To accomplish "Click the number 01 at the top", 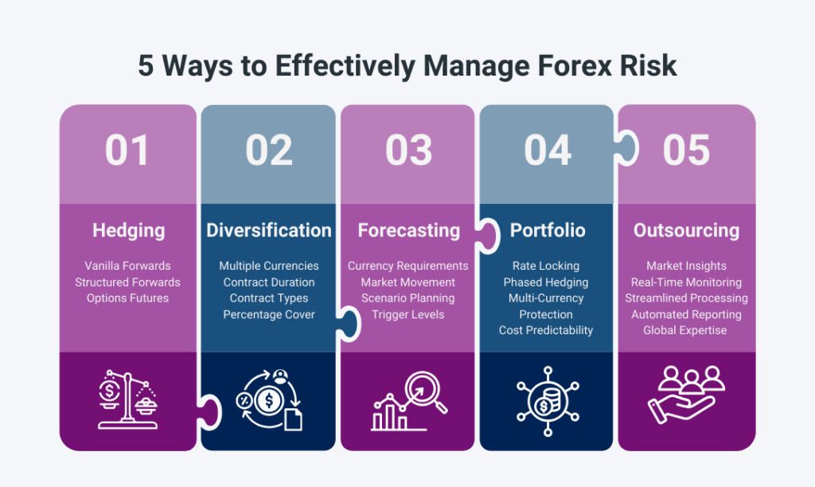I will tap(127, 150).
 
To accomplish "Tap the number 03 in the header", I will tap(408, 150).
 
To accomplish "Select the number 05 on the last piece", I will tap(686, 150).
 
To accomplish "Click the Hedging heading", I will tap(128, 231).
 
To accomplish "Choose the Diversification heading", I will tap(268, 231).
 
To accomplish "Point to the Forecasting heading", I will tap(408, 231).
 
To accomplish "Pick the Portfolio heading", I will tap(548, 231).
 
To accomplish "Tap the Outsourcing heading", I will tap(686, 231).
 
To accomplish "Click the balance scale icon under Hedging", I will tap(128, 399).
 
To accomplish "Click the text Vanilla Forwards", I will tap(128, 266).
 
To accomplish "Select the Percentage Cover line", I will tap(269, 314).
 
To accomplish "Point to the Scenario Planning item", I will tap(408, 298).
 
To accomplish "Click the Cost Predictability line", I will tap(546, 330).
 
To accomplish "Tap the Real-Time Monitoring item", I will tap(686, 282).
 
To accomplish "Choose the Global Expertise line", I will tap(685, 330).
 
